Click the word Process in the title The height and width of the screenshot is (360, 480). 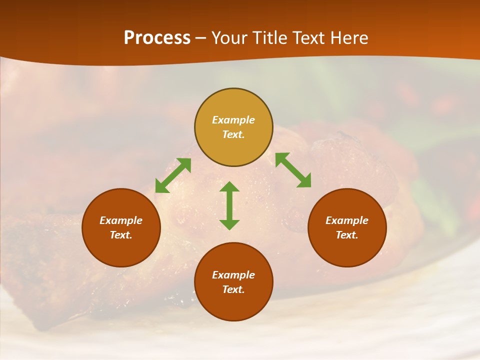tap(157, 38)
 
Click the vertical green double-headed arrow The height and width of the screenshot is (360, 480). tap(229, 205)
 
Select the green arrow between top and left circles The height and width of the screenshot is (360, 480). tap(173, 175)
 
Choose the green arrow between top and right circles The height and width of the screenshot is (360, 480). tap(293, 170)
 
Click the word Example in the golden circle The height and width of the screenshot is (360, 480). tap(233, 120)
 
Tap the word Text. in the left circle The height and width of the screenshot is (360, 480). tap(121, 235)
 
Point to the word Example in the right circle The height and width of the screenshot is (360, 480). tap(347, 220)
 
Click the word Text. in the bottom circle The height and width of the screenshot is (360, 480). tap(233, 289)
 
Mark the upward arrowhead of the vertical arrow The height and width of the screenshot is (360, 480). tap(229, 187)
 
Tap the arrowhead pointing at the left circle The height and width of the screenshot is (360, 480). tap(161, 187)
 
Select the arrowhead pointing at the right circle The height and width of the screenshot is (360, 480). tap(304, 181)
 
